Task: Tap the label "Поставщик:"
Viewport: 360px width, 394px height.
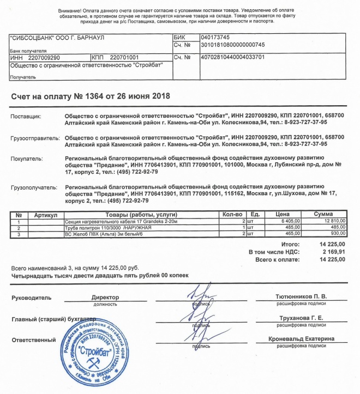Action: tap(26, 116)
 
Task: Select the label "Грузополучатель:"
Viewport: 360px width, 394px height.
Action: tap(34, 187)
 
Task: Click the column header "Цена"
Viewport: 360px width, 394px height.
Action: tap(283, 215)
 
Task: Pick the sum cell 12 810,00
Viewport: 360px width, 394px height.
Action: tap(333, 222)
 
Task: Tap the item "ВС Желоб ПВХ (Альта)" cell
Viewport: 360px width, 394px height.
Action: tap(104, 234)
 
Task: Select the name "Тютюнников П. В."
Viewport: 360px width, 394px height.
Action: tap(301, 296)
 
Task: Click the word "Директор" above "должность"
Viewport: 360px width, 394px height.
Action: tap(105, 298)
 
